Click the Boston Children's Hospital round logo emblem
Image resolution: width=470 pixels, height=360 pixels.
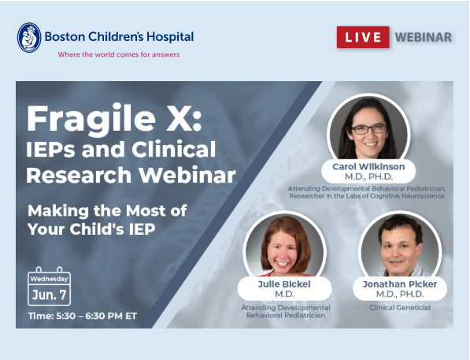29,38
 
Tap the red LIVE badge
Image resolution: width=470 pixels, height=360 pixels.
363,37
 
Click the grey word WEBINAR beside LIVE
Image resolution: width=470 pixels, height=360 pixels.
424,37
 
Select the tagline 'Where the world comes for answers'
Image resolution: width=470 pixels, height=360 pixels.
119,54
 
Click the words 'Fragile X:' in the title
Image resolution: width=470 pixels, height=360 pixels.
114,120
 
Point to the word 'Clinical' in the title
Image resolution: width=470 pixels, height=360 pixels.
173,149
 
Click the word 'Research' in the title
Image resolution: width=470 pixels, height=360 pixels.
79,175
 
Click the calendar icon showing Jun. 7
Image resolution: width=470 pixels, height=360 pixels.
49,286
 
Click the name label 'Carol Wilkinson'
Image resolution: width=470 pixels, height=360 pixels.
368,167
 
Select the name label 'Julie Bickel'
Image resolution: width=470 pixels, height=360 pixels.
284,284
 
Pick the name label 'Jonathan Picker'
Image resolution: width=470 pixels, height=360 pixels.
400,284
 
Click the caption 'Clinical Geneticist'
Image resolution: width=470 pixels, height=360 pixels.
400,307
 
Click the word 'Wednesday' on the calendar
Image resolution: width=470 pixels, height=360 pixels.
49,279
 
